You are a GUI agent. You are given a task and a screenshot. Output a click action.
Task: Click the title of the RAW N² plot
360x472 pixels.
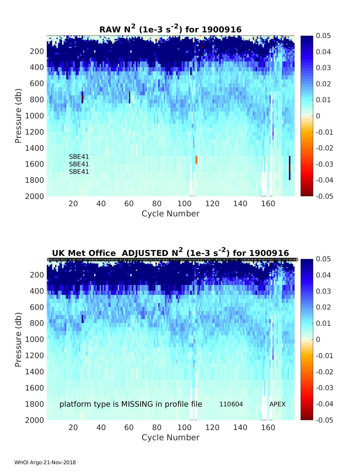170,29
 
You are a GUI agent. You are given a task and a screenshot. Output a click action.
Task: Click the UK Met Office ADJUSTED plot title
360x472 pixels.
170,253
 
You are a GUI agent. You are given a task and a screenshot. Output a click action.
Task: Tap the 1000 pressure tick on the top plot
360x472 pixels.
37,116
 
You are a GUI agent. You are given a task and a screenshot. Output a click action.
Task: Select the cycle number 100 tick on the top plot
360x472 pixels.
184,204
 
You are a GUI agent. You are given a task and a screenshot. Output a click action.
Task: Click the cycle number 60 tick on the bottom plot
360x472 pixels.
129,428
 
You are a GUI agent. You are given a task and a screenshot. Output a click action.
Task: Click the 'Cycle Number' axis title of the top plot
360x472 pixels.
170,214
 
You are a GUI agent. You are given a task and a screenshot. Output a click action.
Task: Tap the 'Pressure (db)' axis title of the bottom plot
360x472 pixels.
18,340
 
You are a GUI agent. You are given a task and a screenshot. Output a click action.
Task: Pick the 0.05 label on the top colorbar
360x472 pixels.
323,36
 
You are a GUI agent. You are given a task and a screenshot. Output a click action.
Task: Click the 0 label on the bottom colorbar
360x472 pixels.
318,340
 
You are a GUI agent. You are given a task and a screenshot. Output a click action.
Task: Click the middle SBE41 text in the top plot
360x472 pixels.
79,164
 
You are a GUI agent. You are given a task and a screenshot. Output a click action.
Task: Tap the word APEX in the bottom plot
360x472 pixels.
277,404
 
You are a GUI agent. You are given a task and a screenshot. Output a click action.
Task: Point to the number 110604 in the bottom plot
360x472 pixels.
231,404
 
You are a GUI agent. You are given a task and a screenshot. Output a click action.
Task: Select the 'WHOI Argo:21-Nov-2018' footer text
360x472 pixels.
45,462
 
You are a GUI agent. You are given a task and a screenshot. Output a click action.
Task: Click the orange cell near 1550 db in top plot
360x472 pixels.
196,160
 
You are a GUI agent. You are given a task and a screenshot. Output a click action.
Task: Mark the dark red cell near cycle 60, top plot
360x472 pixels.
130,95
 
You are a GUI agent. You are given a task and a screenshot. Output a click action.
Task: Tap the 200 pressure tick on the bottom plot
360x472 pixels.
37,275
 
